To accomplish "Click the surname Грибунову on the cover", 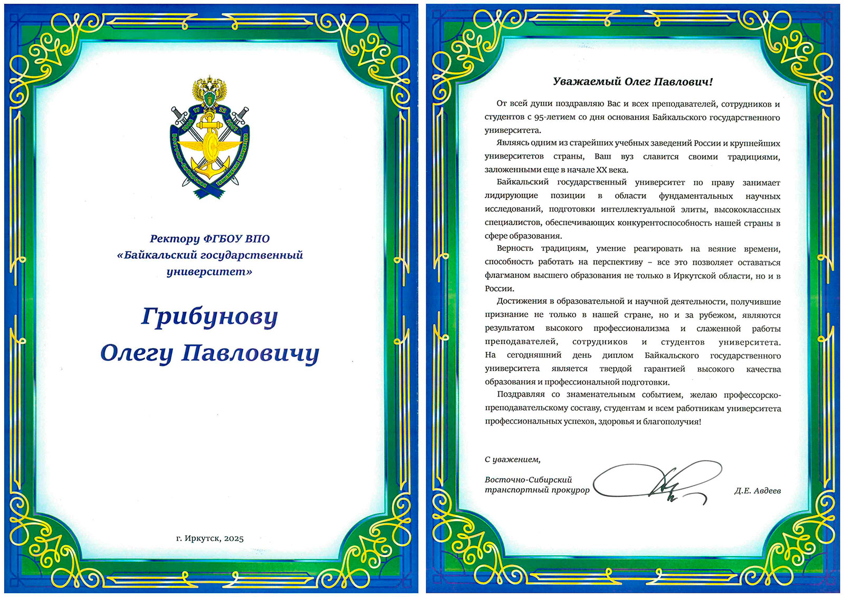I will click(x=209, y=317).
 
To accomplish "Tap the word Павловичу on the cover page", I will click(x=250, y=353).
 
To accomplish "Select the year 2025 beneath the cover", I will click(x=234, y=538).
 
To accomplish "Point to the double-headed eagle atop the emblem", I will click(x=209, y=90).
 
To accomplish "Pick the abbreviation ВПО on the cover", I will click(x=257, y=238).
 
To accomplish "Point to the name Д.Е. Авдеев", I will click(x=757, y=490).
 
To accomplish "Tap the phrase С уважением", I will click(x=512, y=459).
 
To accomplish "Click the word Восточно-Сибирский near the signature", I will click(x=528, y=479).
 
